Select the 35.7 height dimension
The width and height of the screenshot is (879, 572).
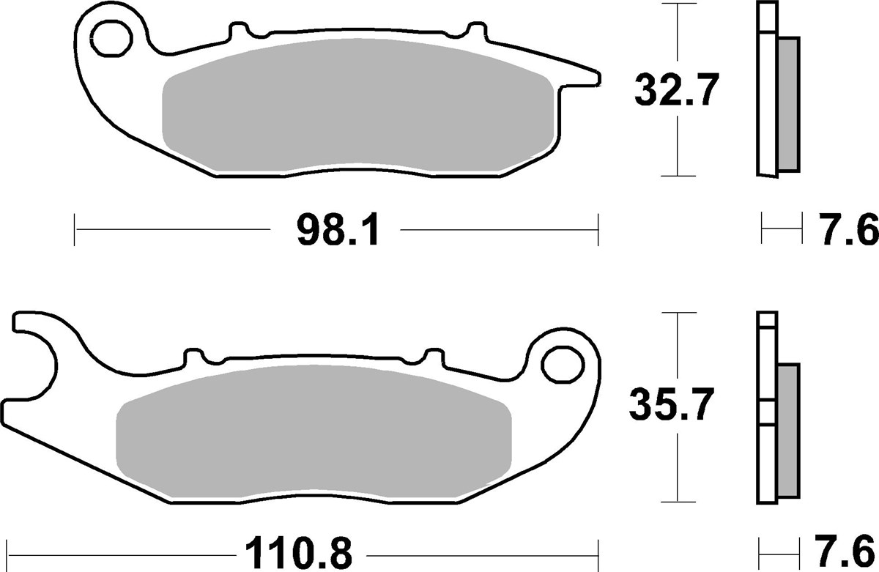coord(669,405)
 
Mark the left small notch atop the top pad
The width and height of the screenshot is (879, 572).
coord(239,30)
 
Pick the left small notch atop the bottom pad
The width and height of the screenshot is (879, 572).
coord(193,356)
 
